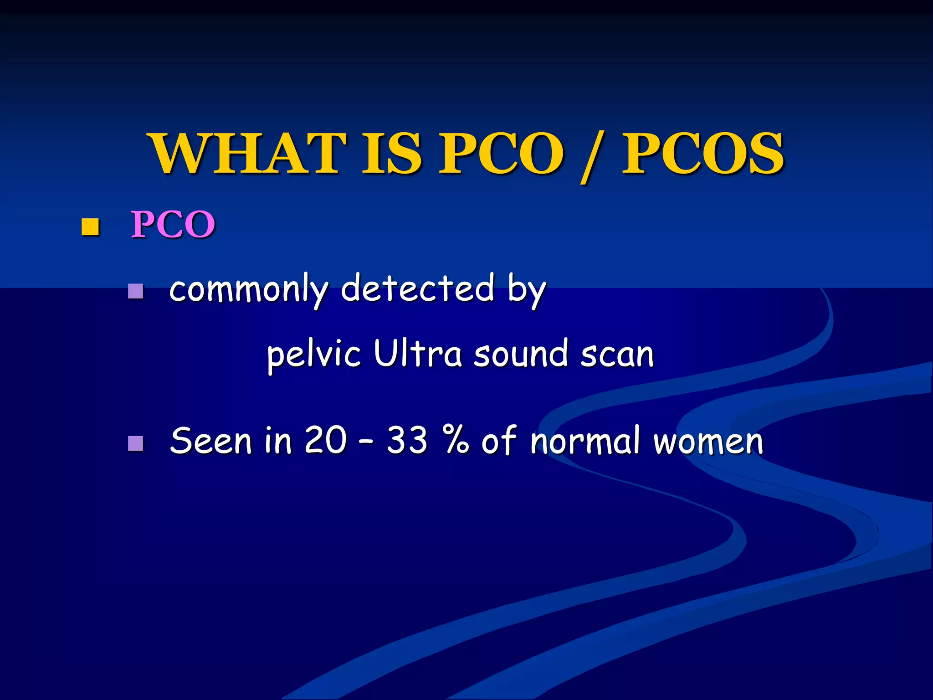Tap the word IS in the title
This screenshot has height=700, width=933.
(391, 154)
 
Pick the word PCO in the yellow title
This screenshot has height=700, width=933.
(501, 154)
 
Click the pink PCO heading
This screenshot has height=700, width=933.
(173, 225)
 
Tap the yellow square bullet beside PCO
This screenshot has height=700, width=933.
(90, 226)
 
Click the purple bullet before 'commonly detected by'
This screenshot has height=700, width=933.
(136, 291)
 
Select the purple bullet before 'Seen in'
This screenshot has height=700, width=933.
(136, 443)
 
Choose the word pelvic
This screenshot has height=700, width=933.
(314, 355)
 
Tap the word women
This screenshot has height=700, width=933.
(708, 442)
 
